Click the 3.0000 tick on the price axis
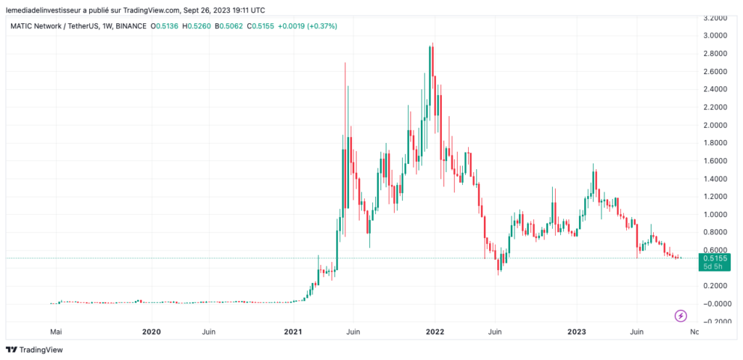pos(715,36)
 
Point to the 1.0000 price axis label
pos(715,214)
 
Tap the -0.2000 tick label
pos(714,322)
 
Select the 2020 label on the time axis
pos(151,332)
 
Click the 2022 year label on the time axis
pos(435,332)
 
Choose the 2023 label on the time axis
pos(577,332)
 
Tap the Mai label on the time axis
pos(55,332)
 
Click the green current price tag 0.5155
pos(713,258)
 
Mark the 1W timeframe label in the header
pos(107,26)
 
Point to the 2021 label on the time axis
pos(292,332)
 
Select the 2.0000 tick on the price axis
pos(715,125)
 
